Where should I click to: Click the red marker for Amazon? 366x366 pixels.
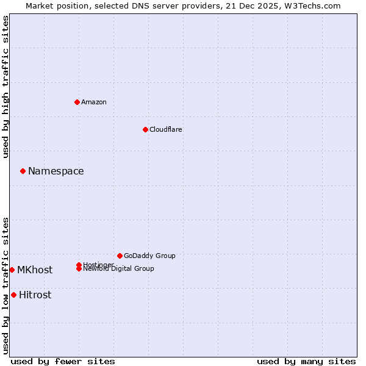coord(77,102)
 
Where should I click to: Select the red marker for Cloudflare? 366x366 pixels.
coord(145,129)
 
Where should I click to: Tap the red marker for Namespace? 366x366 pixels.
coord(23,171)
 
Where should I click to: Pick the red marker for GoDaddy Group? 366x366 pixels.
coord(120,256)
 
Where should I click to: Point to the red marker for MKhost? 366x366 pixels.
coord(12,270)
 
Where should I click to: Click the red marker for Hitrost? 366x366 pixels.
coord(13,295)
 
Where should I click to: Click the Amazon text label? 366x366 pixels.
coord(94,102)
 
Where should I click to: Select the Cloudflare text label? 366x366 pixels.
coord(165,129)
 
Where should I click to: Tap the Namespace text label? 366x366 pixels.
coord(56,171)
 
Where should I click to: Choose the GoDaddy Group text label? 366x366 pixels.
coord(149,256)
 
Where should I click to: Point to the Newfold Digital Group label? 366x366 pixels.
coord(119,269)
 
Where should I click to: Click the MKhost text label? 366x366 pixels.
coord(35,270)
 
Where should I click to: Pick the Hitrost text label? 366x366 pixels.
coord(35,295)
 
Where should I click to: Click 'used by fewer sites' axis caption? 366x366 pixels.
coord(63,361)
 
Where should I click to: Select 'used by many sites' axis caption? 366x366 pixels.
coord(306,361)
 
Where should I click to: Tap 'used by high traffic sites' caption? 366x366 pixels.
coord(6,87)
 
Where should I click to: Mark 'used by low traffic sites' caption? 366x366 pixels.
coord(6,285)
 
